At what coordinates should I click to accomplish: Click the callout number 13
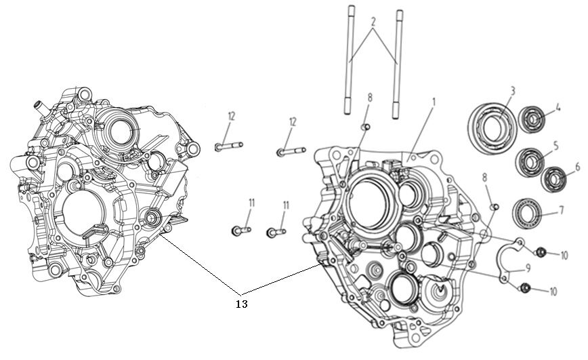(241, 304)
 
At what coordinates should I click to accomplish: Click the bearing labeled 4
(532, 120)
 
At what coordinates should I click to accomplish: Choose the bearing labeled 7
(528, 213)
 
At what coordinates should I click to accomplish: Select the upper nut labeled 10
(540, 253)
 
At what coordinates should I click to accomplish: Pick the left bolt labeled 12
(228, 146)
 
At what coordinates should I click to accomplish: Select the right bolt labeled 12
(290, 151)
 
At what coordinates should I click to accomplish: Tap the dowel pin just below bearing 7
(494, 206)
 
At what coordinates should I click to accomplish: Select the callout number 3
(513, 90)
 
